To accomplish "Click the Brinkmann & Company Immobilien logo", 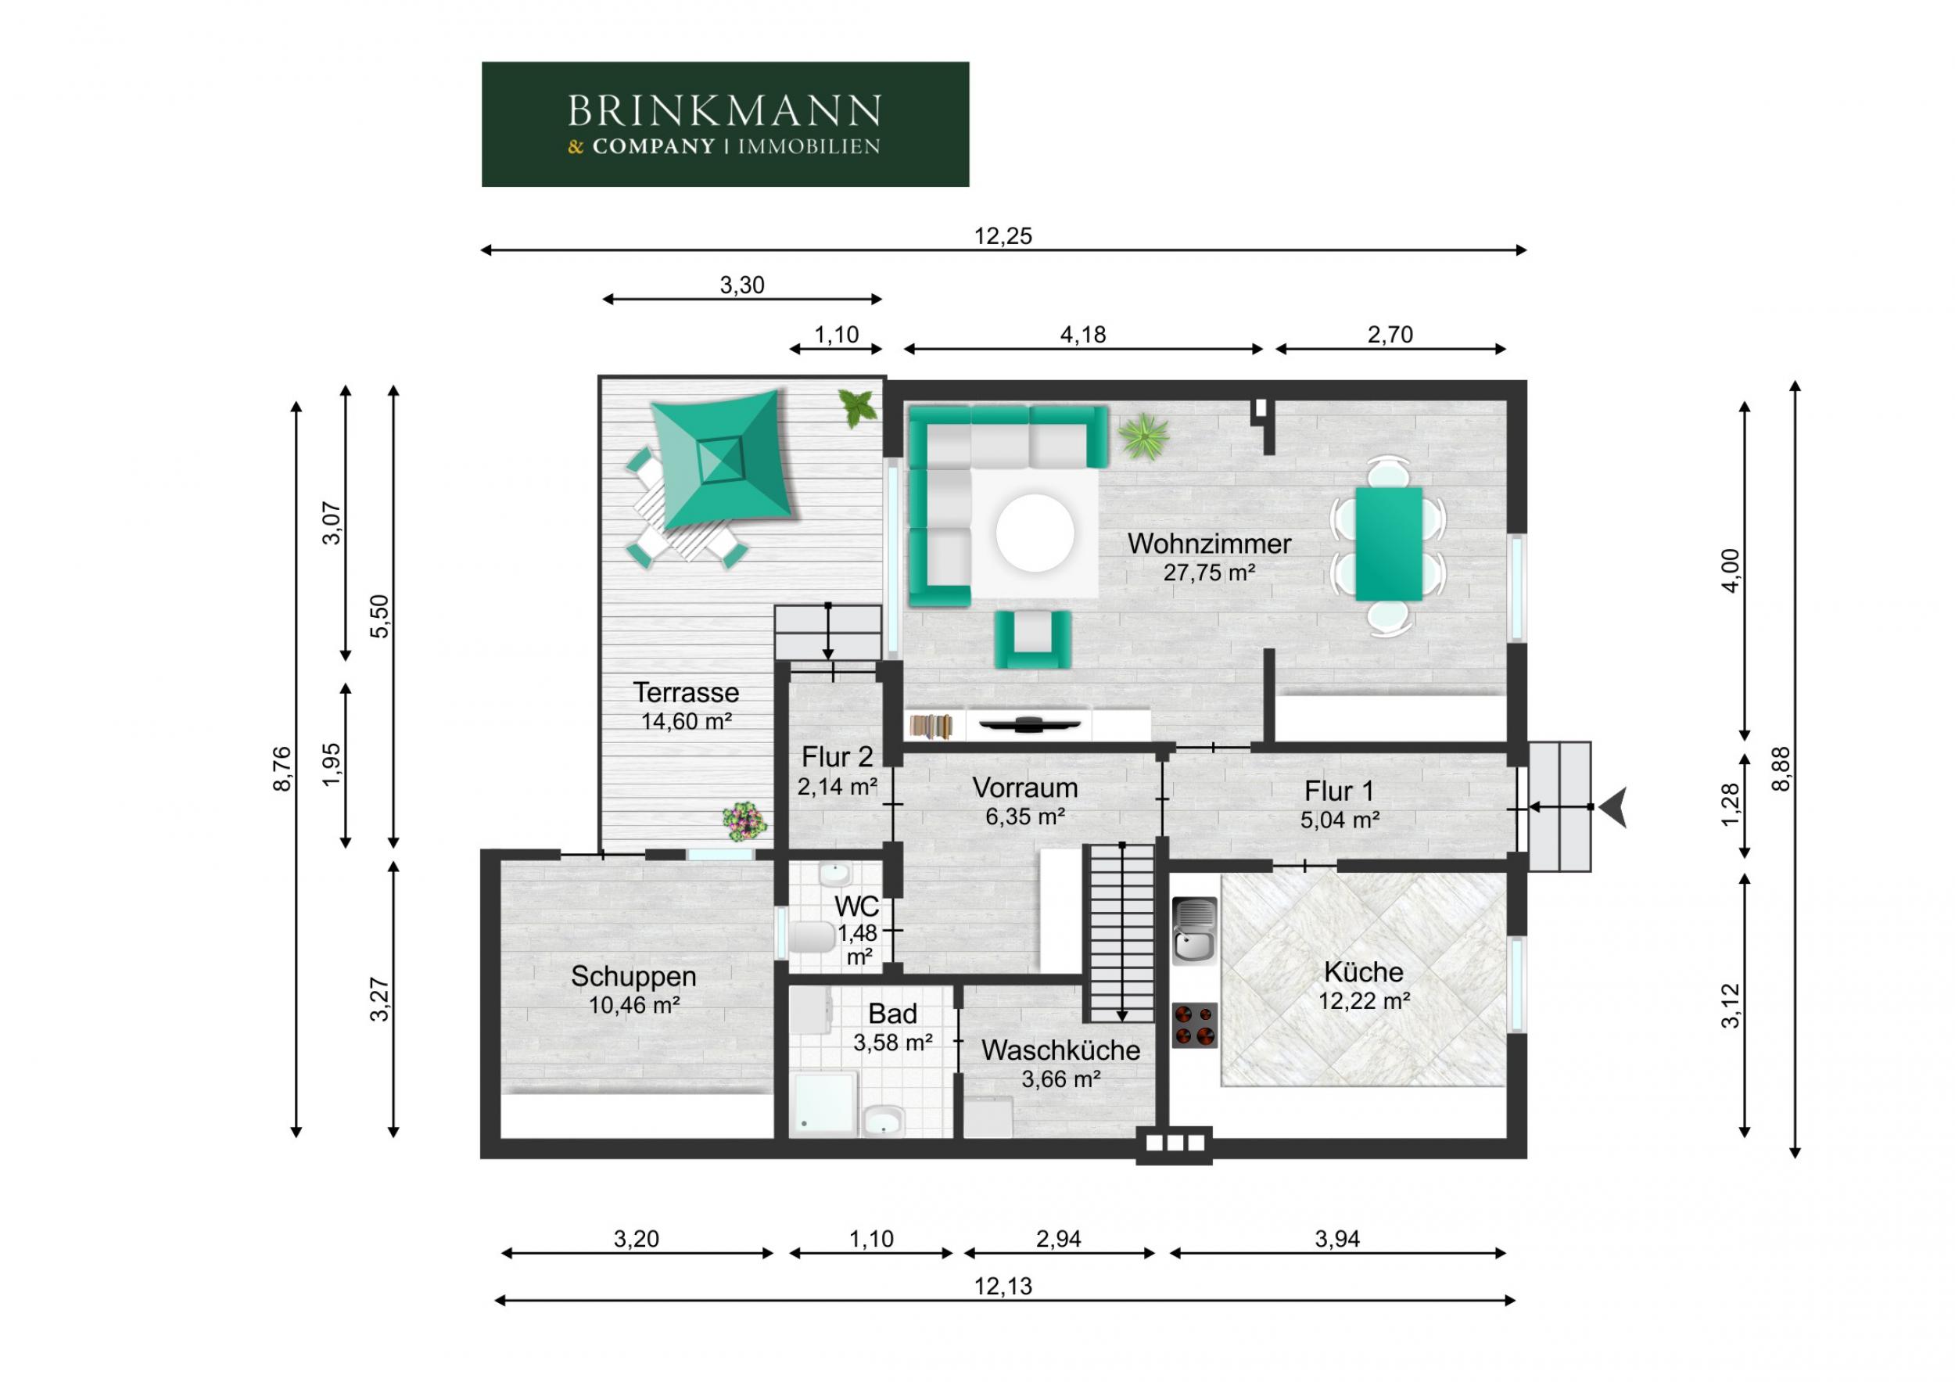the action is coord(725,124).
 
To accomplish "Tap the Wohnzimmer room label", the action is coord(1209,544).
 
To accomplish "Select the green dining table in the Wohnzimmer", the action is coord(1389,544).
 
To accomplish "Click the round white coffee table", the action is coord(1035,533).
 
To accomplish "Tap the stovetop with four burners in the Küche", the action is coord(1195,1025).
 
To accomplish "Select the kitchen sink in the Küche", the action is coord(1195,930).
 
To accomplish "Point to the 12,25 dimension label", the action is coord(1003,236).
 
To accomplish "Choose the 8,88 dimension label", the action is coord(1781,769).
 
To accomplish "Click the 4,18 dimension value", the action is coord(1083,335).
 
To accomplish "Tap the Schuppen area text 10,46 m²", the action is coord(634,1005).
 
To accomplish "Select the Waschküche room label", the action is coord(1060,1050).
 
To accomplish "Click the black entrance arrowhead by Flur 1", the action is coord(1613,807).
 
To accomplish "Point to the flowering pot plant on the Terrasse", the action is coord(744,819).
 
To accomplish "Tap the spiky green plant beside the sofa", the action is coord(1143,436).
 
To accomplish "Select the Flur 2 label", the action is coord(837,756).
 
